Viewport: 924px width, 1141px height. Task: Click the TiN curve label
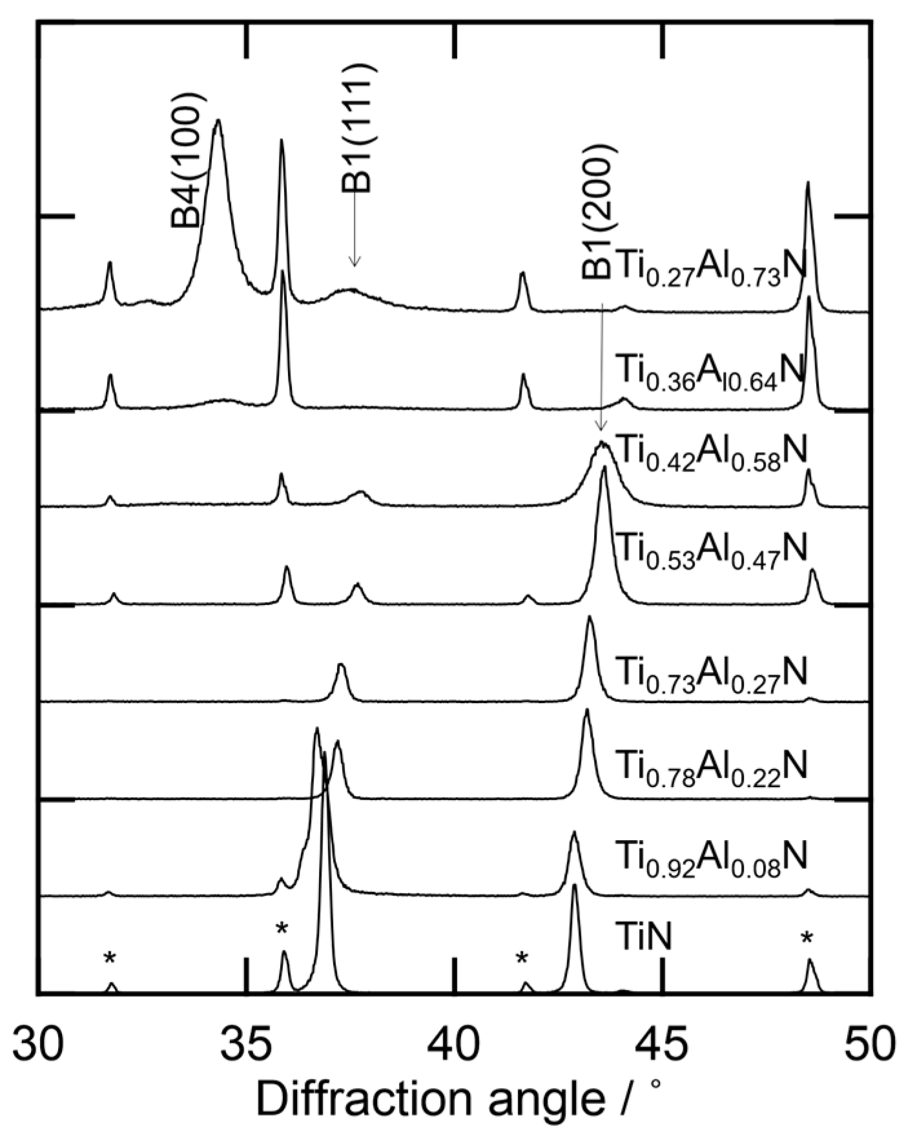click(x=643, y=936)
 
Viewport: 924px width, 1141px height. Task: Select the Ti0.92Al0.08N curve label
click(x=711, y=858)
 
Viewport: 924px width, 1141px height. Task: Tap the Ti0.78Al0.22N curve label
click(x=711, y=766)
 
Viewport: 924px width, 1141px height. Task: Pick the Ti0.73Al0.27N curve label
click(x=711, y=673)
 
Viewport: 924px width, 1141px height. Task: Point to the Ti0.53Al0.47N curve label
click(x=711, y=549)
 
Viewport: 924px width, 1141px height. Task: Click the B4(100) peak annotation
click(x=188, y=160)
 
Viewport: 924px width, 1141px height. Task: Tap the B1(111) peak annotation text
click(x=357, y=128)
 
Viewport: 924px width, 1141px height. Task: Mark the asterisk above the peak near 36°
click(x=282, y=930)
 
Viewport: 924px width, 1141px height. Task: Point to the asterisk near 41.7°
click(x=522, y=959)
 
